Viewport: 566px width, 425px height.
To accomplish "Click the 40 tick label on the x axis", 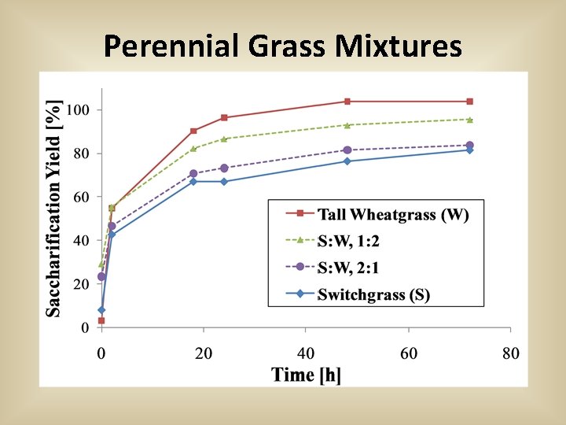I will (x=306, y=353).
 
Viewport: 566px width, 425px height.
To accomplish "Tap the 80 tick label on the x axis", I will (x=511, y=353).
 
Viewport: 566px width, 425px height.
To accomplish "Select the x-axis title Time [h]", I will (x=306, y=375).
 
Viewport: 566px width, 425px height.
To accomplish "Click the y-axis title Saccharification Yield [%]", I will (x=54, y=209).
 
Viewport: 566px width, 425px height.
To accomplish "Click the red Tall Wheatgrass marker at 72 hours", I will (x=470, y=102).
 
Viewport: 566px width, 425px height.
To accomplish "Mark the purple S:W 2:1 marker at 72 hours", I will (x=470, y=146).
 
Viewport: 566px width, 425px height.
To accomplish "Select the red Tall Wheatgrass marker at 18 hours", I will (x=193, y=131).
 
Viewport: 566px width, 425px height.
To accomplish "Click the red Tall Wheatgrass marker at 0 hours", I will (x=101, y=320).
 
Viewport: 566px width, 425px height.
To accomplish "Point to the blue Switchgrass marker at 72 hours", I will (x=470, y=150).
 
